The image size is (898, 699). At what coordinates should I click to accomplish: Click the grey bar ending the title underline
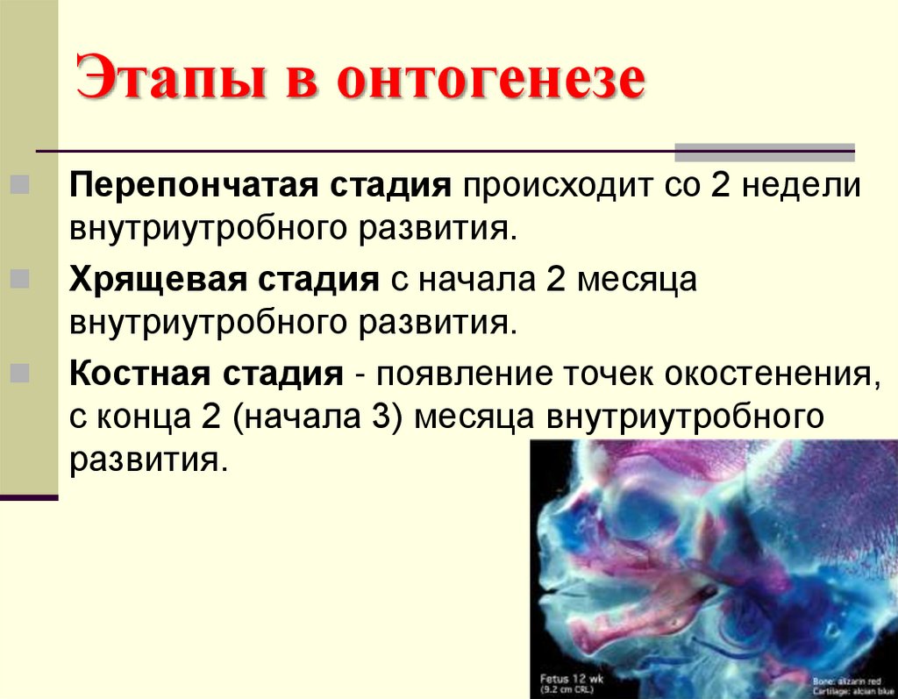[764, 153]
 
